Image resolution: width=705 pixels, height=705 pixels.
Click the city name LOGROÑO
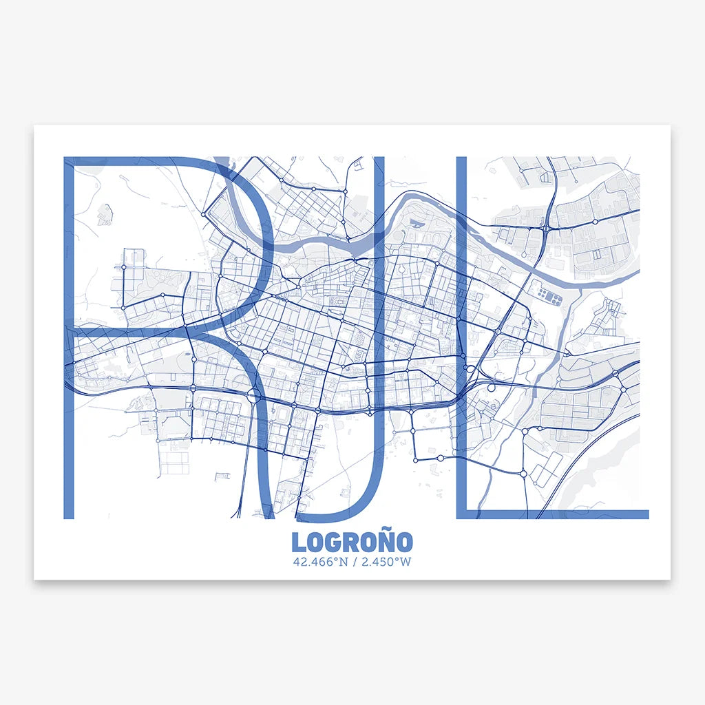point(352,542)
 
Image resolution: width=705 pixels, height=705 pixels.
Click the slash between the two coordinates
point(352,562)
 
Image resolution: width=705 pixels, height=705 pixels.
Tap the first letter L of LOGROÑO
point(297,543)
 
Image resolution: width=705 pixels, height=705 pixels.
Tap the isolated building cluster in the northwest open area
point(105,214)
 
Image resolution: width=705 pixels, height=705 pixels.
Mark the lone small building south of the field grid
point(222,476)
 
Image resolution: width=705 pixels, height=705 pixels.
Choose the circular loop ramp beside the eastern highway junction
point(491,388)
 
